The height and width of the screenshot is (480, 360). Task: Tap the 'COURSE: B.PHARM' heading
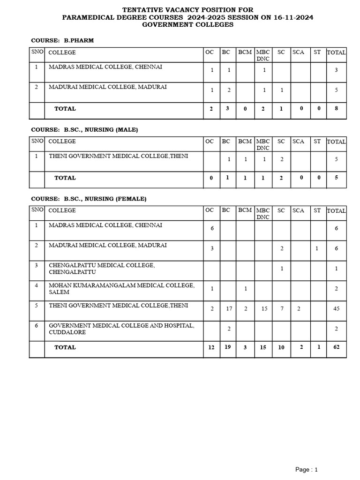[62, 40]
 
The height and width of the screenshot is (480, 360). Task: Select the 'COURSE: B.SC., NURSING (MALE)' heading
[84, 129]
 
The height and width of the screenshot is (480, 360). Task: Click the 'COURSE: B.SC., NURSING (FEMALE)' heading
[89, 199]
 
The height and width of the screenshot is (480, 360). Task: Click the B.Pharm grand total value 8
[336, 109]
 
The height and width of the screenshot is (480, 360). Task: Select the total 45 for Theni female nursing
[336, 309]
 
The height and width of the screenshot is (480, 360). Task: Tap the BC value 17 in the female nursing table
[229, 309]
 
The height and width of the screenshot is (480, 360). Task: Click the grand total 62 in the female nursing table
[336, 347]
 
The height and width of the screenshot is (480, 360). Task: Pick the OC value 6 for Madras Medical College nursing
[212, 228]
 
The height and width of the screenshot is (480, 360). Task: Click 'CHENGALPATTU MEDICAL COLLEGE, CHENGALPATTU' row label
[101, 269]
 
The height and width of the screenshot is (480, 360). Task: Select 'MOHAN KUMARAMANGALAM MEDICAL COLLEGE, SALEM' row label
[121, 288]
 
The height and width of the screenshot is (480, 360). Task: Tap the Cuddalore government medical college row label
[121, 329]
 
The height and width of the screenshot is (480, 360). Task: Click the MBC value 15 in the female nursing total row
[263, 347]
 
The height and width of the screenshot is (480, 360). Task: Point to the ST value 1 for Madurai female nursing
[317, 248]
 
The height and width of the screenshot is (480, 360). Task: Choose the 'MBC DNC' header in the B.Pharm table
[263, 55]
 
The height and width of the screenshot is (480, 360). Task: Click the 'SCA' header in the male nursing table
[298, 141]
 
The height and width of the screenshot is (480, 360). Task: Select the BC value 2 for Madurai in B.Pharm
[229, 90]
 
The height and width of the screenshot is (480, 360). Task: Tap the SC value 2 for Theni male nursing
[282, 159]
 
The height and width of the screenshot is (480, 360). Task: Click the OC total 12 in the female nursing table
[212, 347]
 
